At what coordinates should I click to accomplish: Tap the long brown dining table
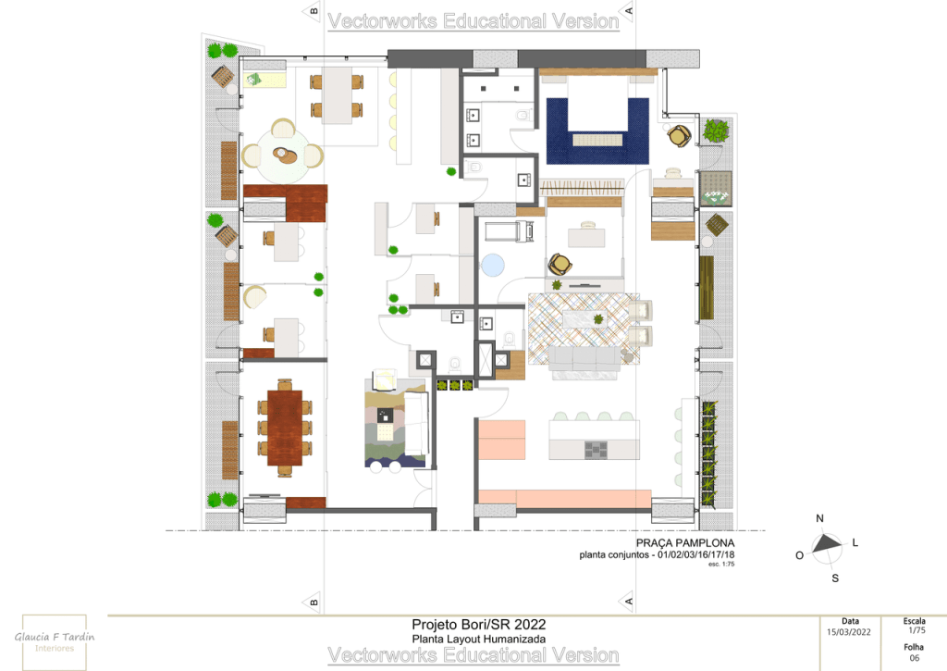[x=285, y=428]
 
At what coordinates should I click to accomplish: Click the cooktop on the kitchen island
[x=596, y=449]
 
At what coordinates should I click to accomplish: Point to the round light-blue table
[x=492, y=265]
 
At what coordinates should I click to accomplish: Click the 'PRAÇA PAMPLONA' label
[x=685, y=543]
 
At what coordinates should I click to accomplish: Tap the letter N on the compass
[x=819, y=518]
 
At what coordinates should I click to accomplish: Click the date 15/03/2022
[x=849, y=632]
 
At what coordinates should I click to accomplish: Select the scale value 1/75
[x=916, y=630]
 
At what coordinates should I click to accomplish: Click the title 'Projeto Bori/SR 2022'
[x=478, y=625]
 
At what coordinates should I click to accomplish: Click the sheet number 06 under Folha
[x=915, y=658]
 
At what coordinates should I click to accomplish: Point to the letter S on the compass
[x=835, y=578]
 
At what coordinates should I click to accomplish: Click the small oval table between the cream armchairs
[x=285, y=155]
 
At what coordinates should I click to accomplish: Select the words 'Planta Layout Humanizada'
[x=478, y=639]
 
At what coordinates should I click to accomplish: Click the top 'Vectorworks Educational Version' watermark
[x=473, y=21]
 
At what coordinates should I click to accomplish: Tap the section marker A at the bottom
[x=628, y=601]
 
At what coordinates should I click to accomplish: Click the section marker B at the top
[x=313, y=11]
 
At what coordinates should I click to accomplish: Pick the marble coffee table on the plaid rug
[x=584, y=318]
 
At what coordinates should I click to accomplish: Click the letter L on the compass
[x=855, y=542]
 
